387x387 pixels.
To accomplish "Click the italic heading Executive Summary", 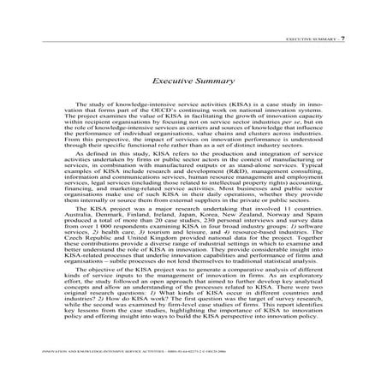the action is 193,81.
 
